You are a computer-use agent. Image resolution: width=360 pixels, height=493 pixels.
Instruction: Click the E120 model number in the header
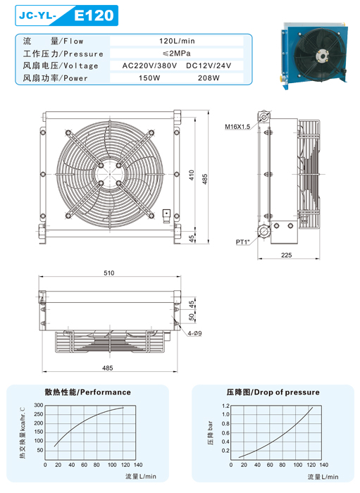[x=94, y=15]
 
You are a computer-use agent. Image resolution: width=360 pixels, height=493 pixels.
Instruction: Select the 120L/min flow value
[x=177, y=41]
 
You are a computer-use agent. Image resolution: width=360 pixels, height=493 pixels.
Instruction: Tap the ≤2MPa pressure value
[x=177, y=53]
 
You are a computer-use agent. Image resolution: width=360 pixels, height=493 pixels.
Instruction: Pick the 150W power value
[x=149, y=78]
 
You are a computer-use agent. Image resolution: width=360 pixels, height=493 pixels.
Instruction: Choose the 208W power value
[x=209, y=78]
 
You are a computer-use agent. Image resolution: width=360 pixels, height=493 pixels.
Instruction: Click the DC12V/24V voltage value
[x=209, y=65]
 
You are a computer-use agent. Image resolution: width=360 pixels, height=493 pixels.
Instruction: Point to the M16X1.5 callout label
[x=237, y=127]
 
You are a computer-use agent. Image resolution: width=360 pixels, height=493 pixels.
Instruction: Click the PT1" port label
[x=242, y=242]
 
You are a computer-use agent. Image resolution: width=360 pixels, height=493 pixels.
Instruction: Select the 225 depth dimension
[x=287, y=255]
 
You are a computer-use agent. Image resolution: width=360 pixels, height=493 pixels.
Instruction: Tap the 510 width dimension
[x=109, y=273]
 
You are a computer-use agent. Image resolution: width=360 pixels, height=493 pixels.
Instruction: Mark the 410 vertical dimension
[x=192, y=175]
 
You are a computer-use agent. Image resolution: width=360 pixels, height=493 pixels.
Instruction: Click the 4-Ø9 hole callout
[x=194, y=333]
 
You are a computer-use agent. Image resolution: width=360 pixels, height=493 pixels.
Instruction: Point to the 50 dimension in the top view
[x=192, y=317]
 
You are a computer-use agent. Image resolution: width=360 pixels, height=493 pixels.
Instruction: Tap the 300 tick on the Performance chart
[x=39, y=405]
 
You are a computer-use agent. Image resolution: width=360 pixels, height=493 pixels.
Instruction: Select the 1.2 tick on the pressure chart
[x=225, y=406]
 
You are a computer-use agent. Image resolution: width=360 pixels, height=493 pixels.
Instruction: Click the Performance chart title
[x=88, y=392]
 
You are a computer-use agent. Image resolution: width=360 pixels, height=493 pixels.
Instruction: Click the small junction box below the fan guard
[x=166, y=214]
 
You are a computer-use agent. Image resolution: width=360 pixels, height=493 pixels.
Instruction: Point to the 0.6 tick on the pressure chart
[x=225, y=432]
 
